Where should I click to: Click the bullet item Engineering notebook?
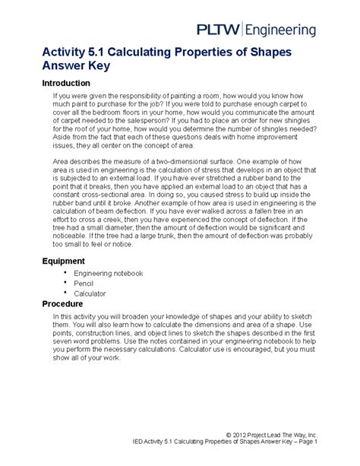tap(112, 273)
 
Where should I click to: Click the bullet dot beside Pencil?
tap(67, 282)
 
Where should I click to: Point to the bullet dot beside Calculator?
tap(67, 292)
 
